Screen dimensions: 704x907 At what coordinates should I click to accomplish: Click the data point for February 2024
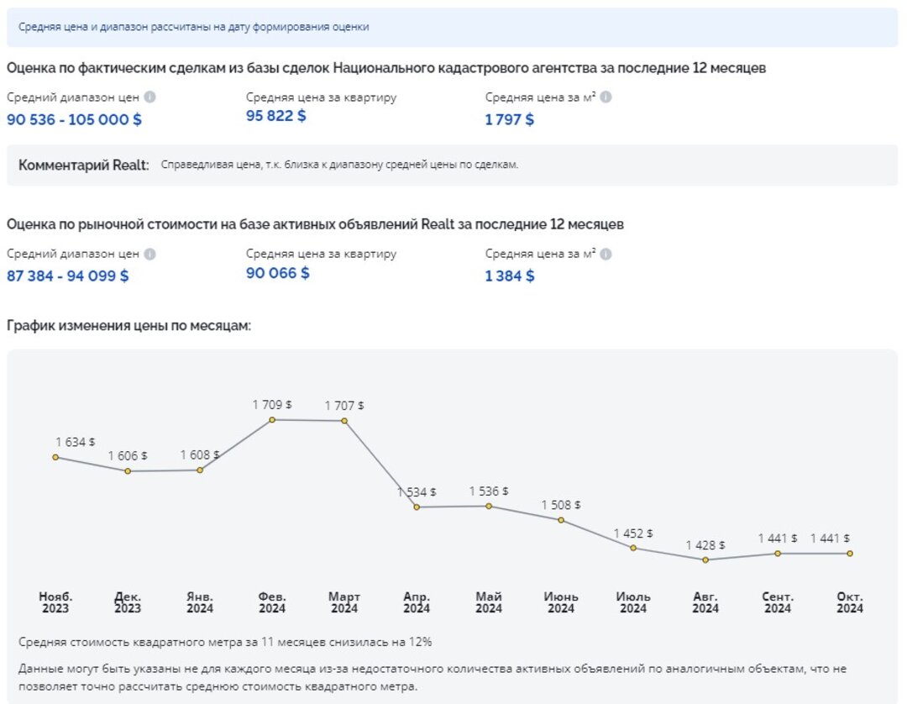[272, 419]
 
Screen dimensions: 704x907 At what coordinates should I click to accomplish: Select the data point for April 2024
[417, 507]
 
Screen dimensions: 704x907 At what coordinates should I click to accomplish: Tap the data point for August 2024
[705, 560]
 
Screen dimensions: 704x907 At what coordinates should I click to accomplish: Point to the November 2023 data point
[55, 457]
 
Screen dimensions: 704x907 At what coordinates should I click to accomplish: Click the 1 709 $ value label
[272, 405]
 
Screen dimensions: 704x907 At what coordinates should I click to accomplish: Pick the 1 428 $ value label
[705, 545]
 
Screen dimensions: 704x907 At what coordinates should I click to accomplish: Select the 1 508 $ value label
[561, 505]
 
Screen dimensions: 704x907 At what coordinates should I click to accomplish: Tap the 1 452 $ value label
[633, 533]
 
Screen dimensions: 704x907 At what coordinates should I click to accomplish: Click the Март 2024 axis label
[344, 602]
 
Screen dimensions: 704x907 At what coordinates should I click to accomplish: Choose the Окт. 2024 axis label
[850, 602]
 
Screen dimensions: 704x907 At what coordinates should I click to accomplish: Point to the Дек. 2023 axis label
[128, 602]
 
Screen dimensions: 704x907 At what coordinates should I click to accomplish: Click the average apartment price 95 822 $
[276, 116]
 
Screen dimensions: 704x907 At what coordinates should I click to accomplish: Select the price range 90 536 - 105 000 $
[75, 119]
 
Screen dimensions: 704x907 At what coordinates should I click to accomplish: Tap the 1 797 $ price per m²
[510, 119]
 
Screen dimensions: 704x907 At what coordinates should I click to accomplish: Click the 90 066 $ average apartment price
[278, 272]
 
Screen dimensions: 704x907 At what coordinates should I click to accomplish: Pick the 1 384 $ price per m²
[510, 276]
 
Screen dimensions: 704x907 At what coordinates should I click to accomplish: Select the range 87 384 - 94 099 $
[68, 276]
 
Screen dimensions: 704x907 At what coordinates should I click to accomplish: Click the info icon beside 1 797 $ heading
[606, 97]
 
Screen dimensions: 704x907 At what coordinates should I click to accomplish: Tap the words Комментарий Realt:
[84, 165]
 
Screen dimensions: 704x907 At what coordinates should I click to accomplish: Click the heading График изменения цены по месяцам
[129, 325]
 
